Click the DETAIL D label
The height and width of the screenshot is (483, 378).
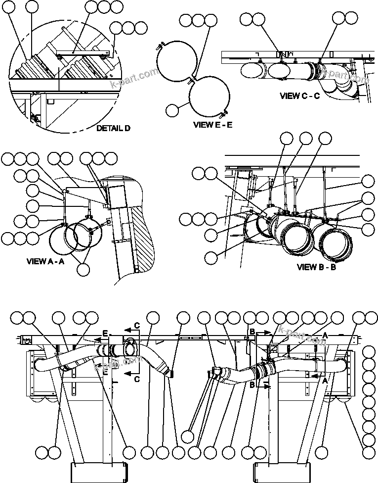[x=113, y=128]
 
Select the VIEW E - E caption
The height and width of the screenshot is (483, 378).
[x=212, y=125]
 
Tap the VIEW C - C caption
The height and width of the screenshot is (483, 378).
[x=299, y=96]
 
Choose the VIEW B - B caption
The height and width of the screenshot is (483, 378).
[x=316, y=267]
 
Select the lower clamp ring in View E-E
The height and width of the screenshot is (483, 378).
[x=210, y=98]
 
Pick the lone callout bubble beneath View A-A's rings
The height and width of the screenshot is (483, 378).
[x=84, y=269]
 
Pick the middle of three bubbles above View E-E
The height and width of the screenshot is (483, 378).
[x=198, y=20]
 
